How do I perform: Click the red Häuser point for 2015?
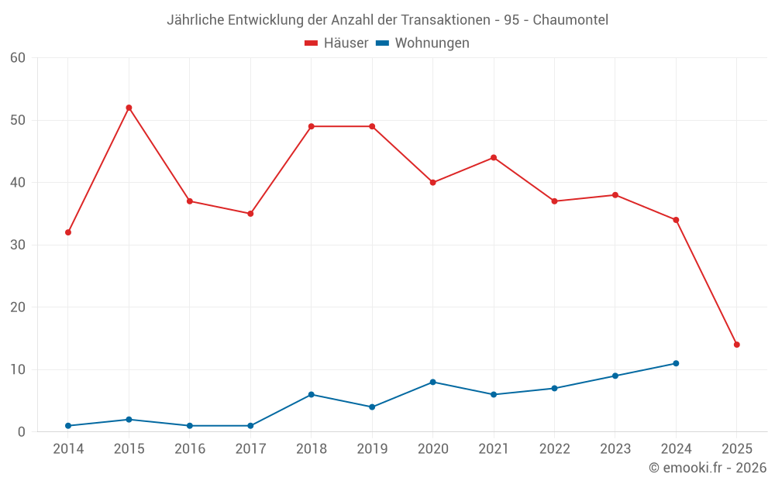(129, 108)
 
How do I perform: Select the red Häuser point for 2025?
(736, 345)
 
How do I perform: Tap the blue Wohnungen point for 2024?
(676, 363)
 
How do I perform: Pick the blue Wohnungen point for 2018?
(311, 394)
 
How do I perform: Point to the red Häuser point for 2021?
(494, 158)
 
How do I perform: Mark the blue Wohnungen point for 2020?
(432, 382)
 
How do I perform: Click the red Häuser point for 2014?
(68, 232)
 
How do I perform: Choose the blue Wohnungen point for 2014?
(68, 426)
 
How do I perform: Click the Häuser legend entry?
(336, 43)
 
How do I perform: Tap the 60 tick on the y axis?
(18, 58)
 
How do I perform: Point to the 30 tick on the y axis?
(18, 245)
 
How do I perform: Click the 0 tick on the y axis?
(22, 432)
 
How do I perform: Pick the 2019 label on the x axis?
(372, 449)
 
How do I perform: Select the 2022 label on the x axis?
(554, 449)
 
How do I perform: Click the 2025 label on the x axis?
(736, 449)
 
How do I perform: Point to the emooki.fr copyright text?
(708, 468)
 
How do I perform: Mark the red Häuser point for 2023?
(615, 195)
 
